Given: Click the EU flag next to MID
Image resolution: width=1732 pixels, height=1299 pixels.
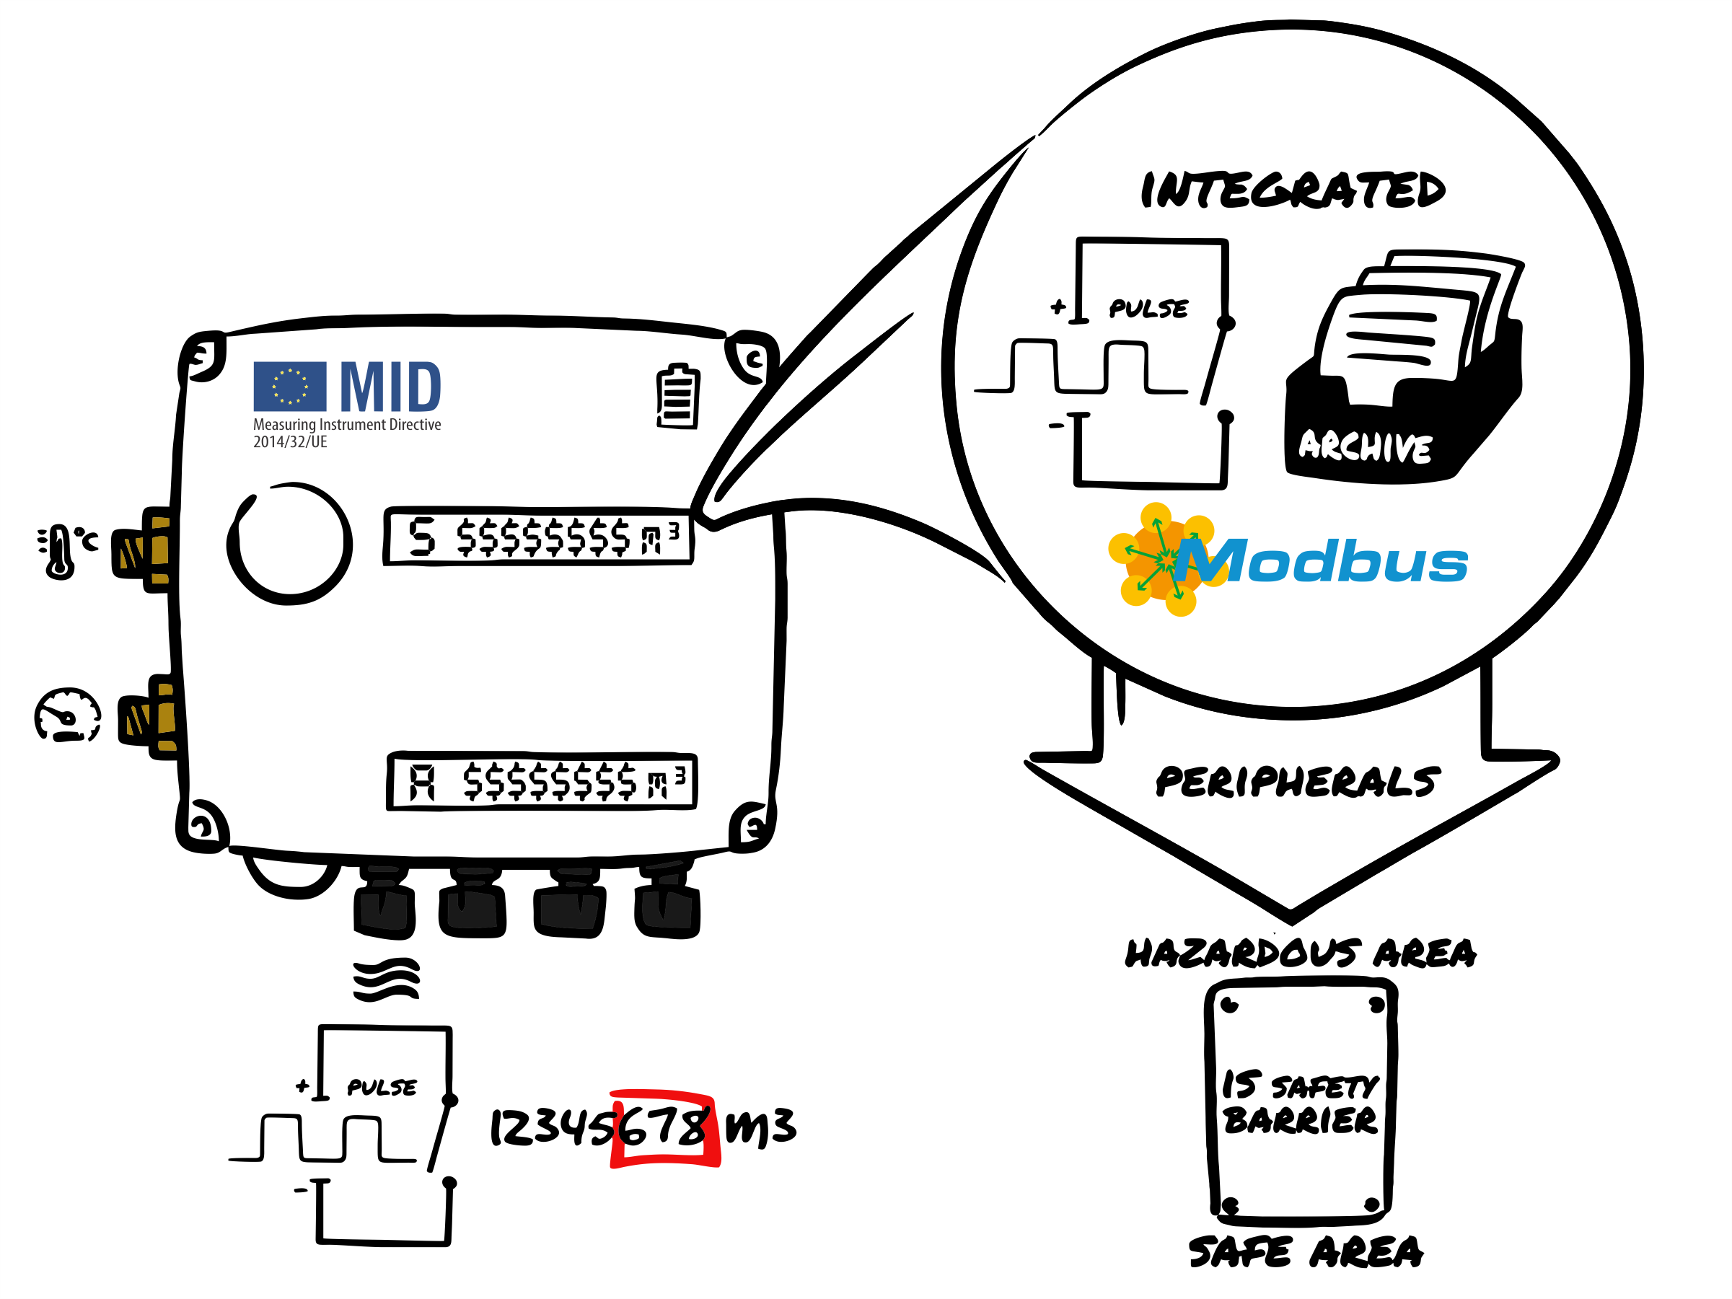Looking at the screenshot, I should point(290,386).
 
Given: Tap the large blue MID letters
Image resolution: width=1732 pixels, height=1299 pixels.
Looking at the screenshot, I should point(391,387).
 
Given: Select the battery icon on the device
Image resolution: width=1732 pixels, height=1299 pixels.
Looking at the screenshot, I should point(677,396).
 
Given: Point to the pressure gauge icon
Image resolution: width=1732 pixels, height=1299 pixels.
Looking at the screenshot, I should point(67,714).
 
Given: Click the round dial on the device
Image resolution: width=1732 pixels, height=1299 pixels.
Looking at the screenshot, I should point(290,543).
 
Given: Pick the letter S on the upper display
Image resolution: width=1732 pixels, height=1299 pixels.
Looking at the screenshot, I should point(422,537).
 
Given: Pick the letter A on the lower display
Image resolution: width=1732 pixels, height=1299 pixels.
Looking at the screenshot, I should point(422,783).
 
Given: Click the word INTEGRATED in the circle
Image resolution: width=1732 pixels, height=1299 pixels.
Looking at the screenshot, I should point(1292,190).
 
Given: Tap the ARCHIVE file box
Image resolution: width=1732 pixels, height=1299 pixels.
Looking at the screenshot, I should point(1402,376).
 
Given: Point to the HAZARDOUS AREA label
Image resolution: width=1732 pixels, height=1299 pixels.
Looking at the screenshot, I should point(1300,953).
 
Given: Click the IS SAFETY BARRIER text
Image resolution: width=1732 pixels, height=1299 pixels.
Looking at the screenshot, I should point(1300,1101).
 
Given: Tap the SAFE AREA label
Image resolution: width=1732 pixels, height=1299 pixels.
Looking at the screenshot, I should point(1305,1251).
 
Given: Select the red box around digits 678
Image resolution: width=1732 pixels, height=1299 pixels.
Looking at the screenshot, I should point(666,1127).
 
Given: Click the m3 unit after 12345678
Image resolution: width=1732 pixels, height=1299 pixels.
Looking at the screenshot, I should point(760,1127).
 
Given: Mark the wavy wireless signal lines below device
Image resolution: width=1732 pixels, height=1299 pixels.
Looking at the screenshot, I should point(386,979).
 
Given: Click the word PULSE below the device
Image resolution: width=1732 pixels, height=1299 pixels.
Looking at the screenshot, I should point(382,1087).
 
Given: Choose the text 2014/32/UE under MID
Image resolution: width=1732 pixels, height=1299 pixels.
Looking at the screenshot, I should point(290,441).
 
